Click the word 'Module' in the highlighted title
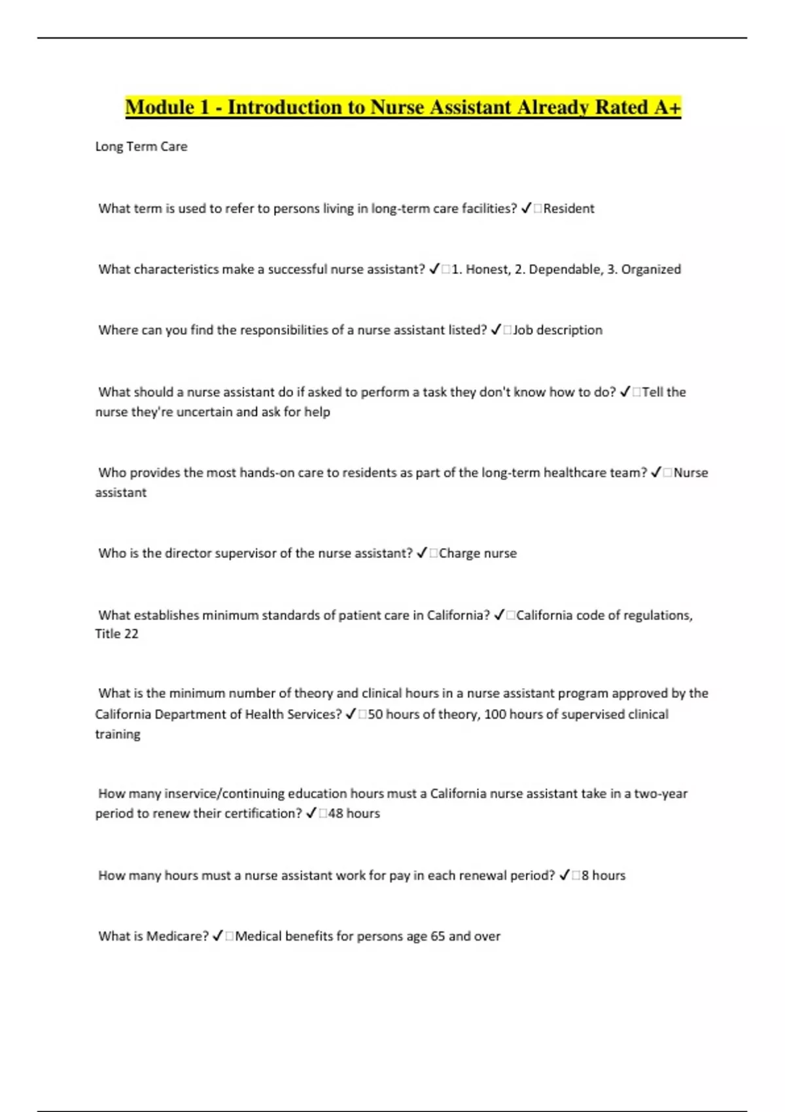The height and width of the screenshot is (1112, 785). coord(160,107)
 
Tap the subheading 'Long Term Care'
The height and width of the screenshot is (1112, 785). coord(141,147)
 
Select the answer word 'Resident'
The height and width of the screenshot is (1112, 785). coord(568,209)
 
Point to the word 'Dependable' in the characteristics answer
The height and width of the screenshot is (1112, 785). coord(561,269)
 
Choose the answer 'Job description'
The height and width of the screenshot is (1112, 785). coord(557,330)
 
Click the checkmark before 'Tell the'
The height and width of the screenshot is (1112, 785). coord(625,392)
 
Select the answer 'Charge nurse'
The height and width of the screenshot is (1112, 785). coord(478,553)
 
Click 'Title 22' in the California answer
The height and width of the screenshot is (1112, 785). coord(116,634)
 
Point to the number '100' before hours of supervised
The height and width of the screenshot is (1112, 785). coord(495,714)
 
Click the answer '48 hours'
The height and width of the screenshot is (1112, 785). coord(354,814)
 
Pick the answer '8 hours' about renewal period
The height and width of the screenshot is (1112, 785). coord(603,875)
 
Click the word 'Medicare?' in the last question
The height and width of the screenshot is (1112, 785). coord(177,936)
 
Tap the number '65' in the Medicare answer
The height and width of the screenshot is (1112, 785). coord(438,936)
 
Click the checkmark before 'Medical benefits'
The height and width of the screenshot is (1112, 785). coord(218,936)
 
